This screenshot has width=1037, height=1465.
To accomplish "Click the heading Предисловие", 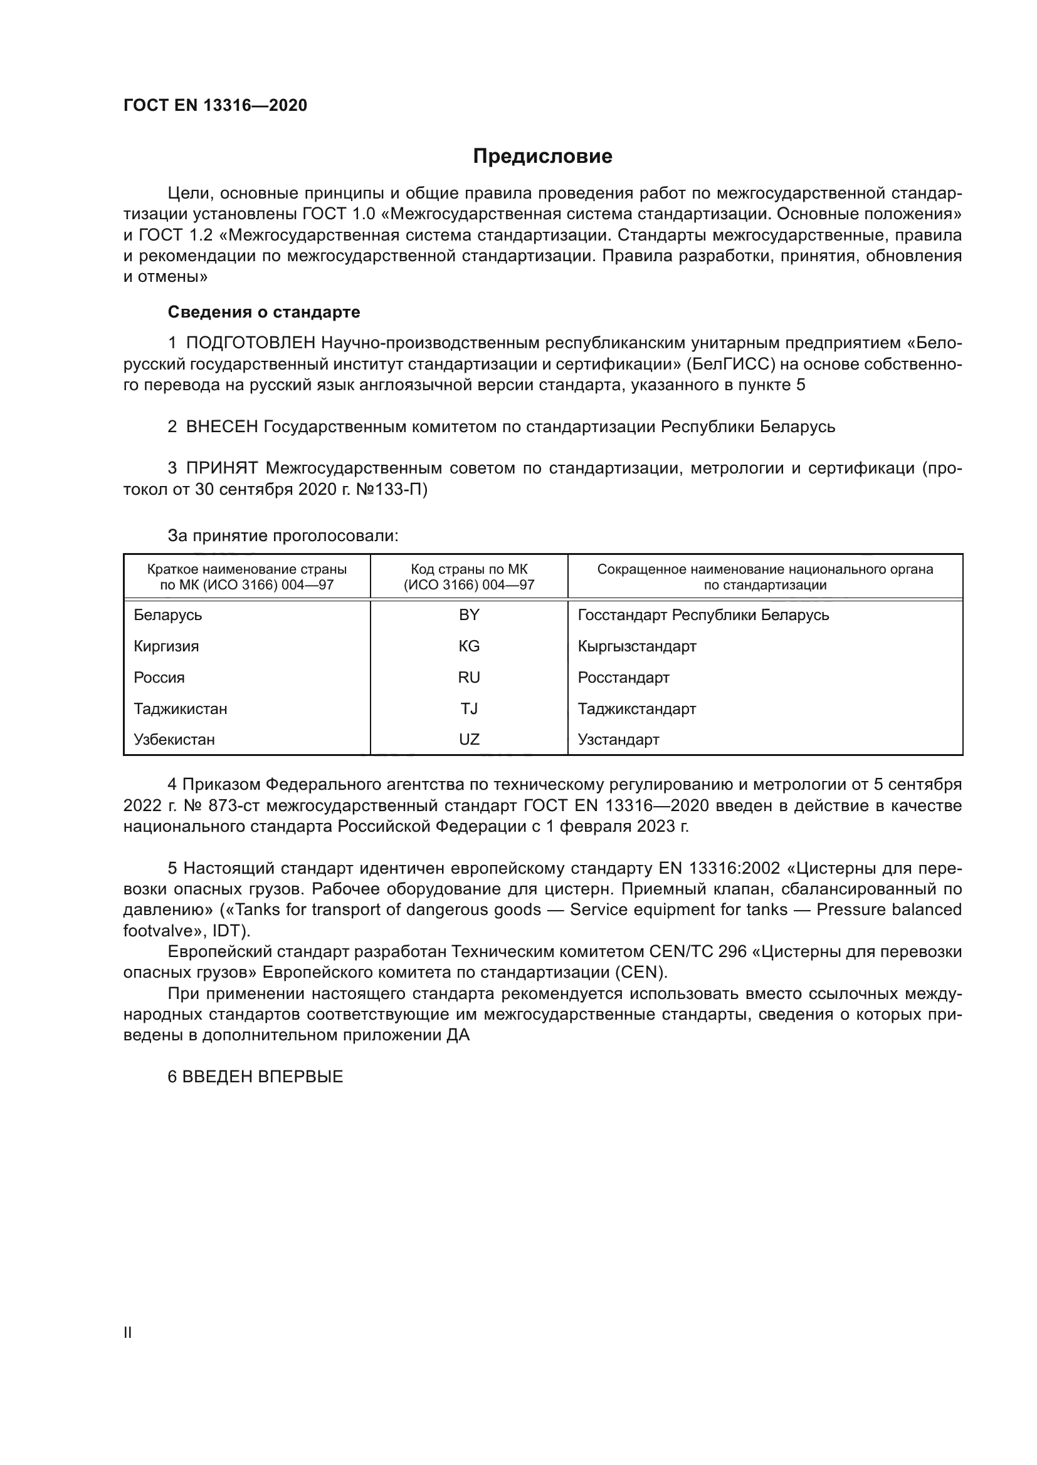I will (x=542, y=157).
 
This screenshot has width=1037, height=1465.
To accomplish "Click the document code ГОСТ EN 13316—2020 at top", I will (x=215, y=105).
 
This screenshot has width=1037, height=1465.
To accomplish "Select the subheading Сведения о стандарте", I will (x=264, y=312).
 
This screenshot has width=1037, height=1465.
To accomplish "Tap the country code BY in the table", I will (x=469, y=615).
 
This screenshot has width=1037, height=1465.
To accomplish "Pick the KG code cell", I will (x=469, y=646).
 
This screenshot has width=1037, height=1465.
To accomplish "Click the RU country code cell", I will (x=469, y=678).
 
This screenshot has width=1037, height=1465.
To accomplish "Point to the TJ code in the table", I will (x=469, y=709).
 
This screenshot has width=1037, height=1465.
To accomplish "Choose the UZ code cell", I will (x=469, y=740).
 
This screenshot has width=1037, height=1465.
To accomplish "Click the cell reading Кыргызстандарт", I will (x=636, y=646).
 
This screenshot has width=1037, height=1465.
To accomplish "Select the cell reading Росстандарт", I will (x=623, y=678).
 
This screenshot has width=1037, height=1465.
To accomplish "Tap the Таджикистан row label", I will (x=180, y=709).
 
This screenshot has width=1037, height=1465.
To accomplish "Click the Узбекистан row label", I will (x=174, y=740).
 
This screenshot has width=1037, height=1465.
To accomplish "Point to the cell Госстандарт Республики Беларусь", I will (x=703, y=615).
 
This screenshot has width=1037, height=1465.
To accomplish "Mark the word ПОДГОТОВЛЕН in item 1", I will (x=250, y=343).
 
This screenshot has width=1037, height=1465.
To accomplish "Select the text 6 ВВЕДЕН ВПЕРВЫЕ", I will (x=255, y=1077).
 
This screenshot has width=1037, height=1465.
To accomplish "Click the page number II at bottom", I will (x=128, y=1332).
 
